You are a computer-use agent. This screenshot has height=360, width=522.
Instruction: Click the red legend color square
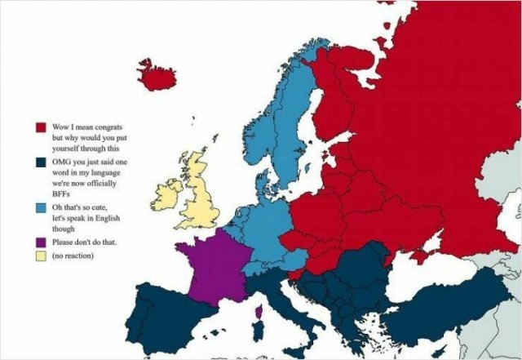click(x=39, y=129)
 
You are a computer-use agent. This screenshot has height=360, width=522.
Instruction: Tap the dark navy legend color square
click(x=39, y=166)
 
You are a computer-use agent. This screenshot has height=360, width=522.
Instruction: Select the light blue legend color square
click(x=39, y=208)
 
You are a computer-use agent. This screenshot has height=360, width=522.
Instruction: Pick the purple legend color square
click(x=39, y=242)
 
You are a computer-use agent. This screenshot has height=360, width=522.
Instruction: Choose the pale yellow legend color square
click(x=39, y=256)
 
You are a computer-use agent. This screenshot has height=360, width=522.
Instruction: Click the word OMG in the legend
click(x=62, y=163)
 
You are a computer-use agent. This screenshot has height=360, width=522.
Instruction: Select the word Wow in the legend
click(x=61, y=127)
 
